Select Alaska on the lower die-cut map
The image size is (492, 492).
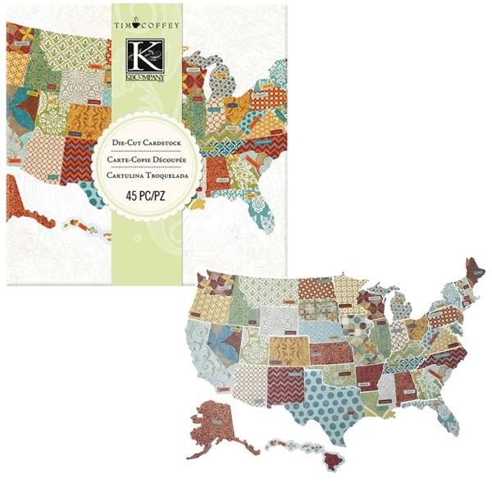point(220,423)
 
